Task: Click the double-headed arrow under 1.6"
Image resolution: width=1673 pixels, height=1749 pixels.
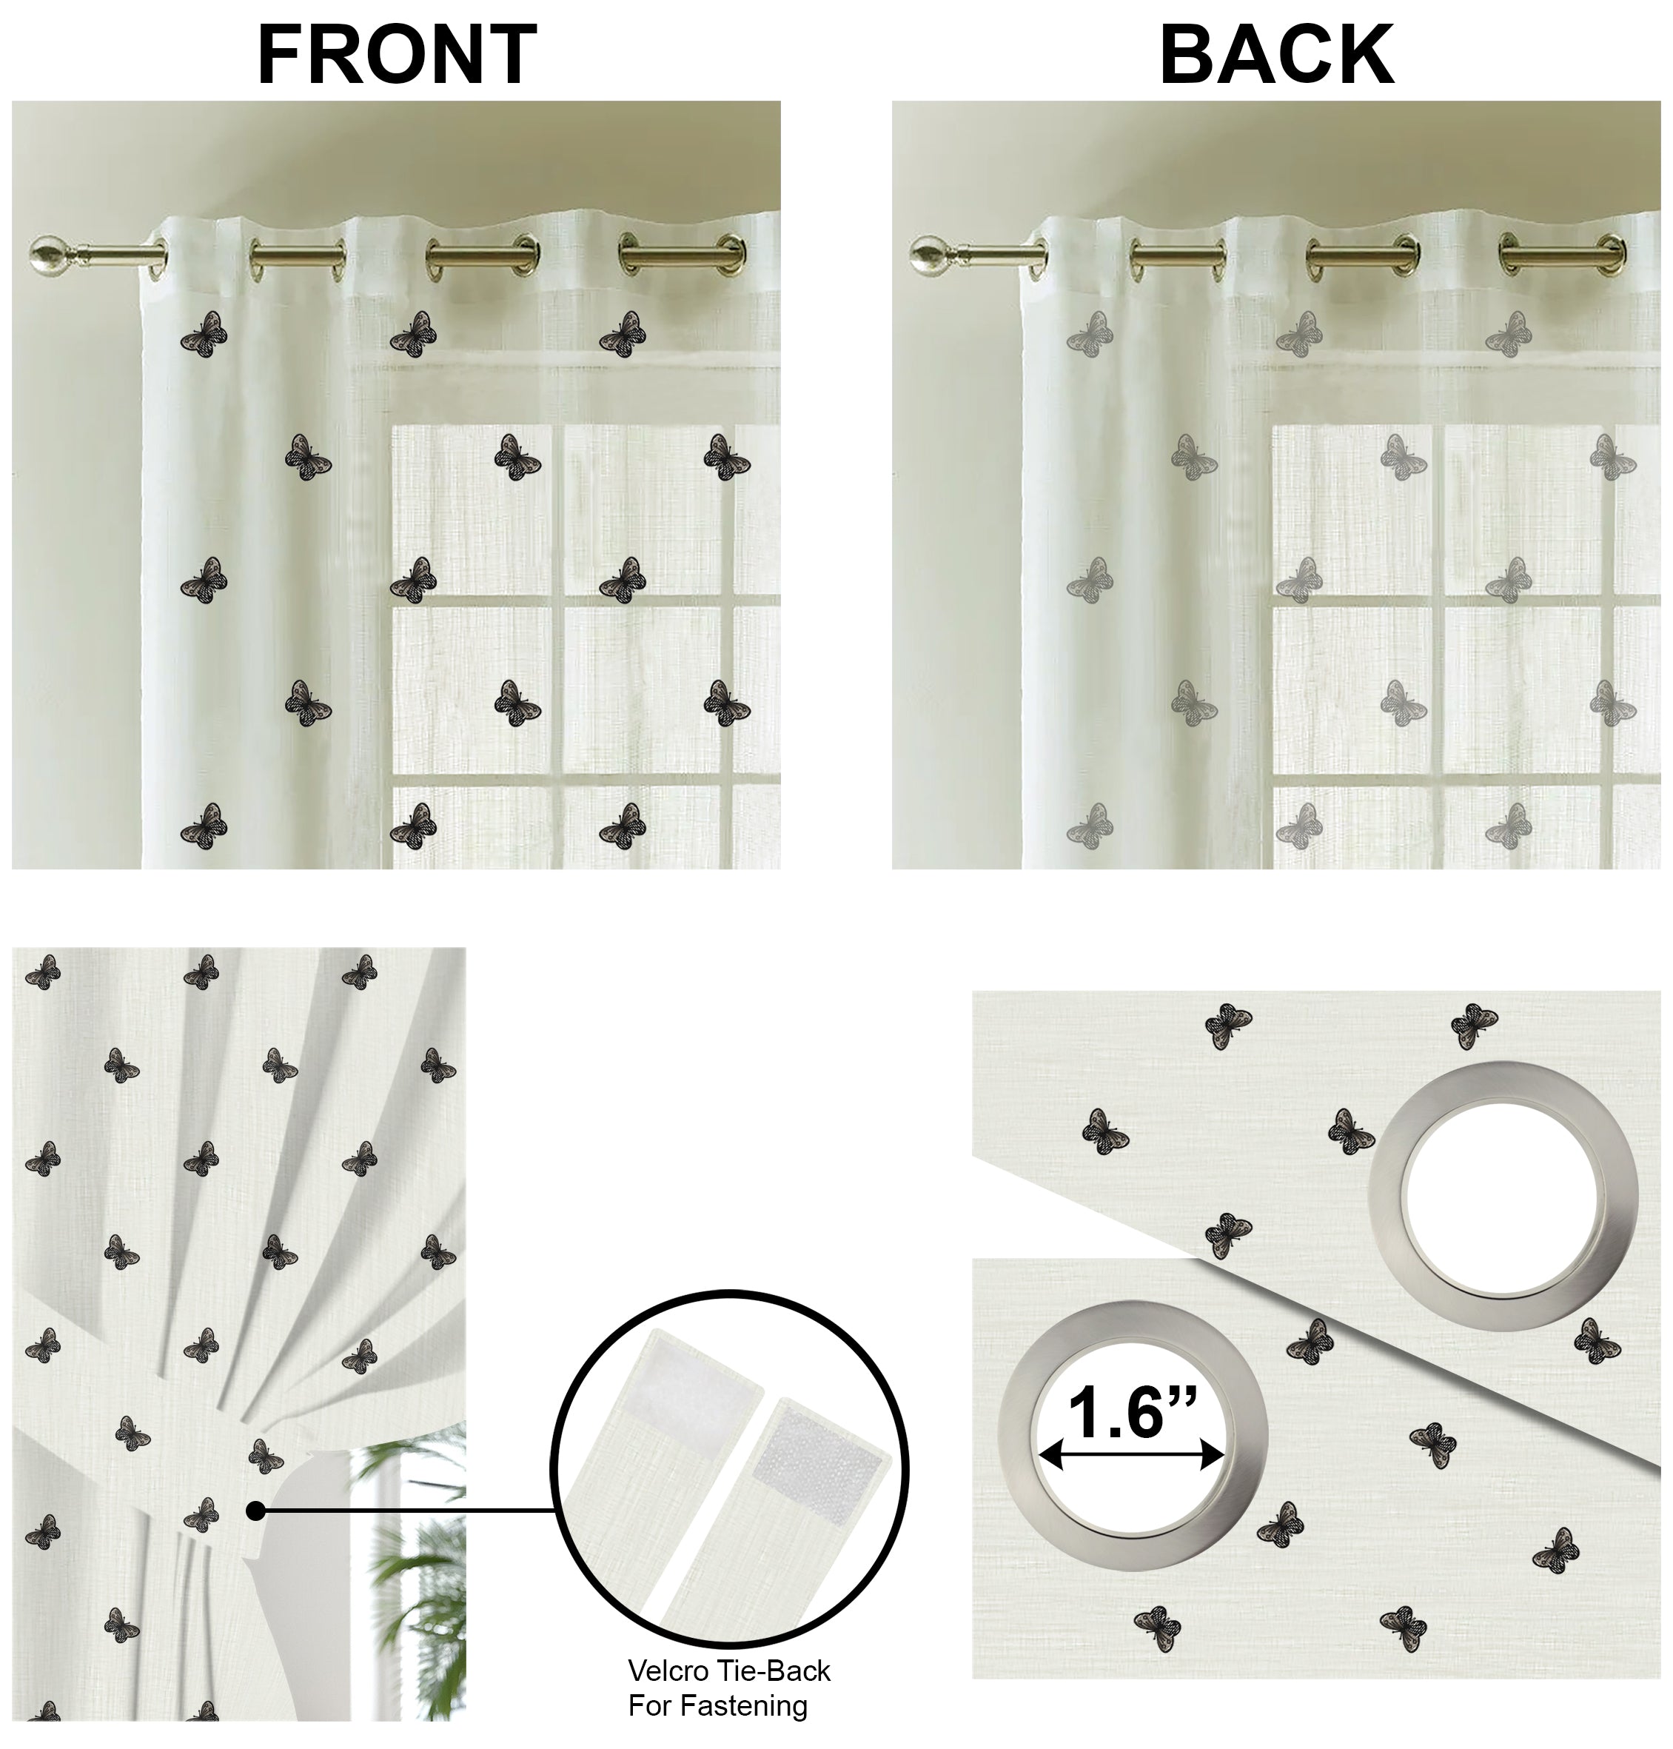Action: point(1132,1457)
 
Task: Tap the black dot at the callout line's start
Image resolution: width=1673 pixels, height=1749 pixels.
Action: point(255,1511)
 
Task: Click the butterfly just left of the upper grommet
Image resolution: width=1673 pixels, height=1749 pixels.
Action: point(1350,1131)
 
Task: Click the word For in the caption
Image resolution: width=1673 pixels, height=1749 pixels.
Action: point(649,1706)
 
